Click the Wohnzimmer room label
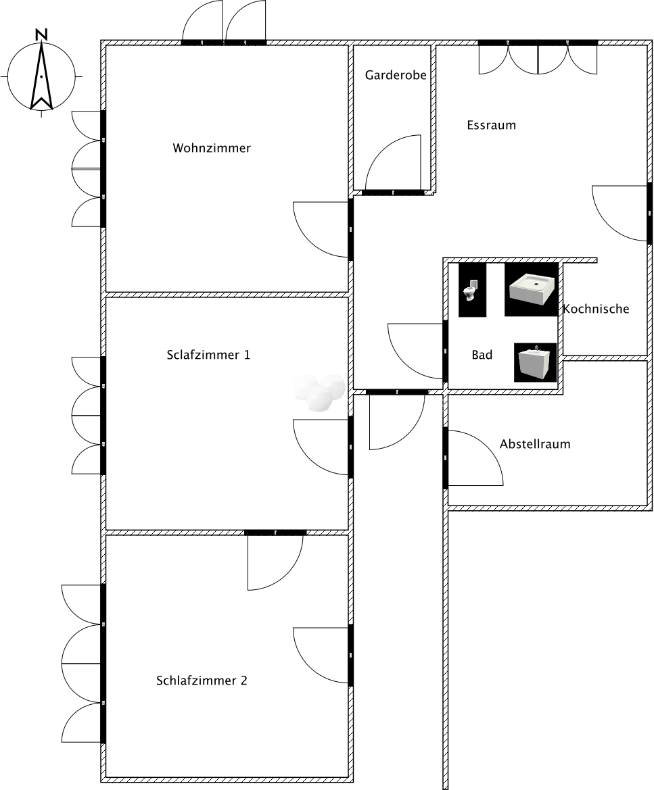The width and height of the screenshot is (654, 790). (x=212, y=148)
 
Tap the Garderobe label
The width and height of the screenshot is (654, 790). (x=396, y=75)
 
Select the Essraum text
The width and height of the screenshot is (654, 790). (x=492, y=125)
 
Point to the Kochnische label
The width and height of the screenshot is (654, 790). (x=596, y=309)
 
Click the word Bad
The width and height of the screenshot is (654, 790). (x=482, y=355)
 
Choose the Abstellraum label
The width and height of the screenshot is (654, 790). (x=535, y=444)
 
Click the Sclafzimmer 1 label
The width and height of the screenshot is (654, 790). (x=208, y=355)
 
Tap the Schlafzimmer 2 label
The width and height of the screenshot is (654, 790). (x=202, y=681)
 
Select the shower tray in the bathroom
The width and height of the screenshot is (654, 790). (x=532, y=290)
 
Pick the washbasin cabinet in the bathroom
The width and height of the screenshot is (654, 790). (x=536, y=363)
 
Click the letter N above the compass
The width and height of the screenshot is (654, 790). (x=41, y=34)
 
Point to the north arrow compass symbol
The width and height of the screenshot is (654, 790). (x=41, y=76)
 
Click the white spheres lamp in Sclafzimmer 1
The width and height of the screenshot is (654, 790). (x=319, y=393)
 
